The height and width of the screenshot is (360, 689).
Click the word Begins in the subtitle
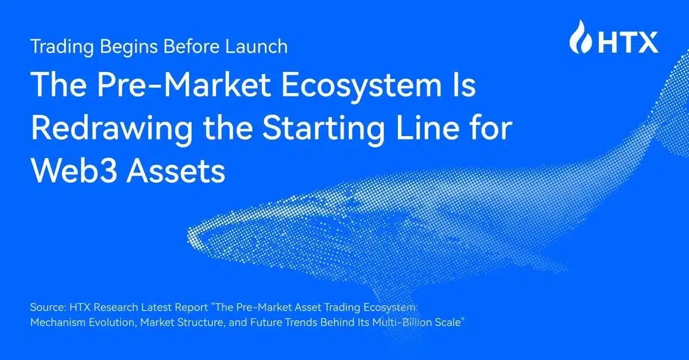coord(124,46)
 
